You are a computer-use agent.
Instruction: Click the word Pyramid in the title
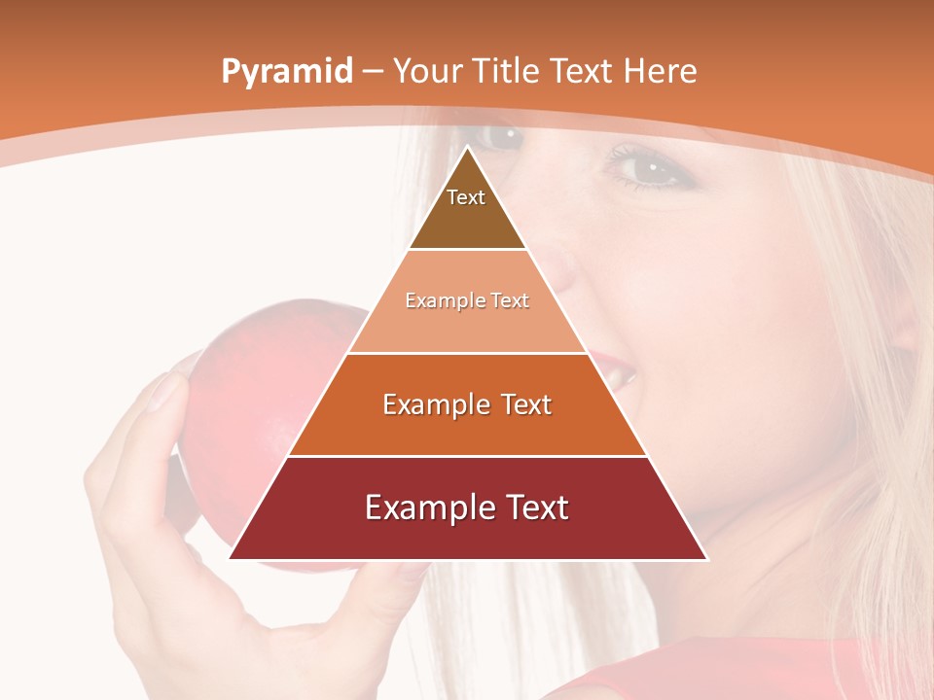click(286, 72)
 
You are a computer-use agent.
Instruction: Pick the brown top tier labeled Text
click(467, 209)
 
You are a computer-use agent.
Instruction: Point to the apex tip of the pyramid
click(468, 148)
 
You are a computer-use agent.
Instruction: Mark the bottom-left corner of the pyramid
click(231, 558)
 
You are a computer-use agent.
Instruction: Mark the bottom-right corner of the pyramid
click(706, 558)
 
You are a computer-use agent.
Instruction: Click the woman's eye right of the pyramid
click(647, 169)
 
